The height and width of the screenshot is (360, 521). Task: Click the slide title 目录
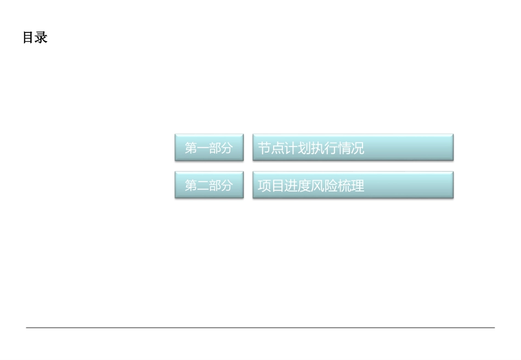coord(35,38)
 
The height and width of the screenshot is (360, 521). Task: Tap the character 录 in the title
coord(42,38)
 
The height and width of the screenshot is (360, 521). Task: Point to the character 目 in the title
coord(29,38)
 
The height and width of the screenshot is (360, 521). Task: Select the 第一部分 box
coord(209,148)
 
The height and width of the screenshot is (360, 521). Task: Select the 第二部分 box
coord(209,185)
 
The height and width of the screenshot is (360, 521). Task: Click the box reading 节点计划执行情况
coord(353,148)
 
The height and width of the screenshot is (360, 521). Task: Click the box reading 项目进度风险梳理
coord(353,185)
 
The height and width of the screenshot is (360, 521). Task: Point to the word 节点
coord(271,148)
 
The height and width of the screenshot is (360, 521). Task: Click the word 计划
coord(297,148)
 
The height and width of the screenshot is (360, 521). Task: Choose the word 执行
coord(324,148)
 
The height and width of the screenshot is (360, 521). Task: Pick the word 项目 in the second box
coord(271,186)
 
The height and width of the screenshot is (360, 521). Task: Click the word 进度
coord(297,186)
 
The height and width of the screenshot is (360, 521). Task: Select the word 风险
coord(324,186)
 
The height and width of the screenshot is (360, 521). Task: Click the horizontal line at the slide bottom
coord(260,328)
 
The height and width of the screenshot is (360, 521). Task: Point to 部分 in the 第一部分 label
coord(220,148)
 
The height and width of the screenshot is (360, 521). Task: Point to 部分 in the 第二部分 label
coord(220,186)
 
